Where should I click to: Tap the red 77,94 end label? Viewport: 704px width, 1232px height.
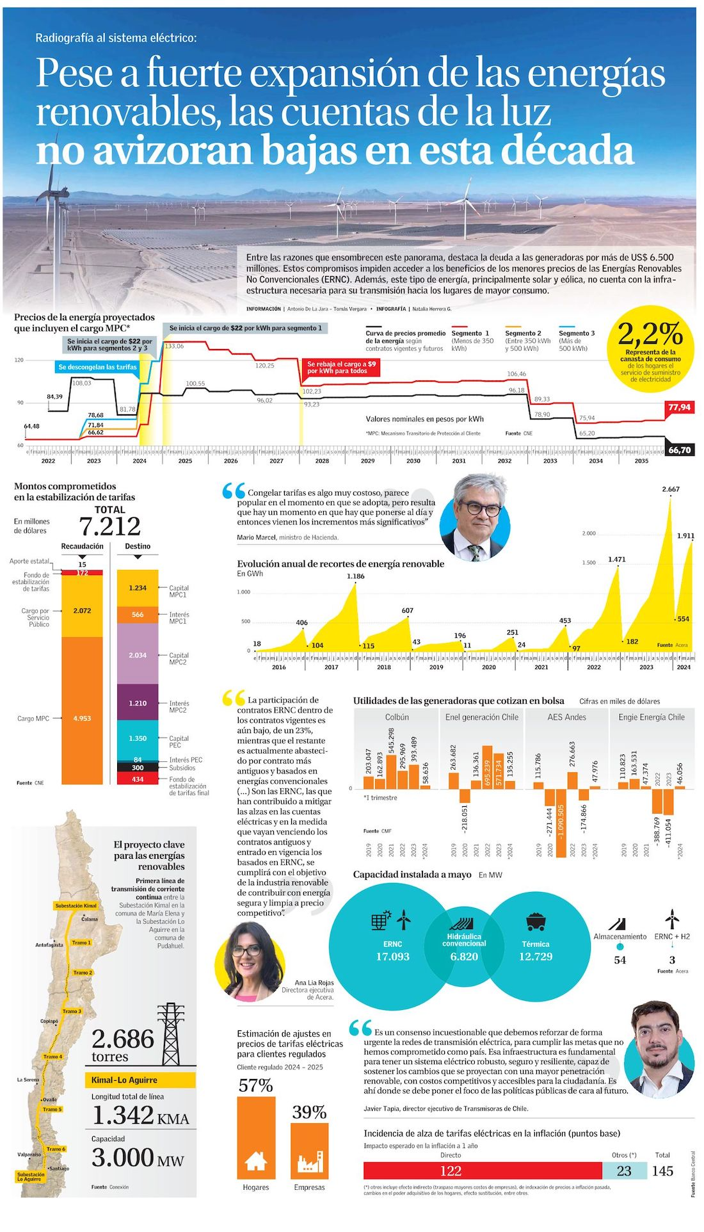coord(679,407)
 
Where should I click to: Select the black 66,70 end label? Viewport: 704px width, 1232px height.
coord(679,450)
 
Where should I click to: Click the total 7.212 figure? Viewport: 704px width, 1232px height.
coord(109,526)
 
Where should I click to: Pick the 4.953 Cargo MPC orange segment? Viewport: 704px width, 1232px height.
coord(82,718)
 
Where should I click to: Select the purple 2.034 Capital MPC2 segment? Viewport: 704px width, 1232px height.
coord(138,655)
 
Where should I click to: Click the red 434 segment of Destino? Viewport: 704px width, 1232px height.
coord(138,779)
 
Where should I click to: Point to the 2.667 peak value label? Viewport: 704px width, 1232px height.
coord(671,489)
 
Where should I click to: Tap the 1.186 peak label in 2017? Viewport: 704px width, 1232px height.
coord(356,576)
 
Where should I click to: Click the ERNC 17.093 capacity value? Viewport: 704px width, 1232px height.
coord(392,957)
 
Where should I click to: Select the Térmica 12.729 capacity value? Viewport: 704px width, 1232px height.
coord(536,957)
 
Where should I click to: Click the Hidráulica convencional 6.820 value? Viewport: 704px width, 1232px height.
coord(464,957)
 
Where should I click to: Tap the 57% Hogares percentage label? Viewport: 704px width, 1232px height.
coord(255,1086)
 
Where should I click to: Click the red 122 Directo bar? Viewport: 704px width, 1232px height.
coord(451,1171)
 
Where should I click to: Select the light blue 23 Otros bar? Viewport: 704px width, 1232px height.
coord(623,1171)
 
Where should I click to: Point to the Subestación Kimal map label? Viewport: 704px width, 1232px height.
coord(76,906)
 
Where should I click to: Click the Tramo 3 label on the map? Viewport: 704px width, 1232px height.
coord(72,1011)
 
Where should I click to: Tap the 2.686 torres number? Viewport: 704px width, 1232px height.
coord(123,1039)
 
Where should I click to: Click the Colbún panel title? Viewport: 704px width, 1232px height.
coord(397,717)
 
